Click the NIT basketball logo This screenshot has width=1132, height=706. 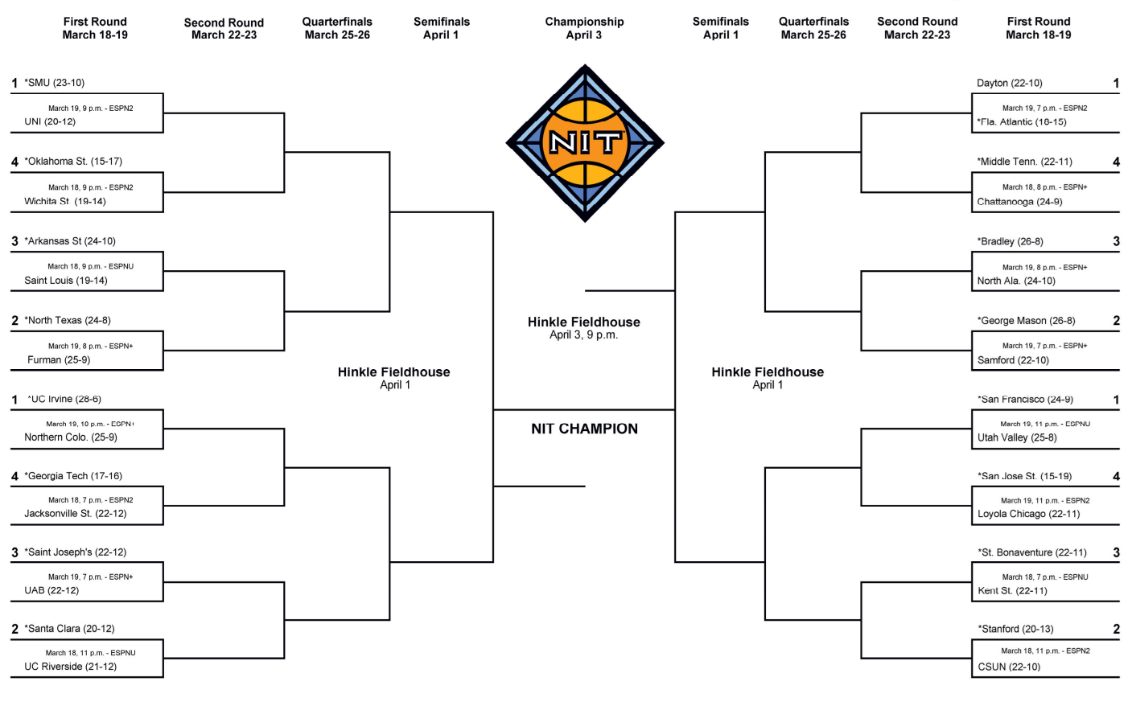coord(585,143)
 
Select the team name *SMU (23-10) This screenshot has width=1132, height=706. coord(55,83)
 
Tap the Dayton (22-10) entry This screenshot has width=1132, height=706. coord(1009,83)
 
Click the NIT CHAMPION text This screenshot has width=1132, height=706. coord(584,429)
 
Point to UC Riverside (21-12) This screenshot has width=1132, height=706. coord(70,667)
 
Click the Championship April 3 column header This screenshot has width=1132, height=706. coord(584,28)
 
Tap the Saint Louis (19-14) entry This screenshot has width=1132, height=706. coord(65,281)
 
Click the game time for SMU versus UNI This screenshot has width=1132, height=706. coord(90,108)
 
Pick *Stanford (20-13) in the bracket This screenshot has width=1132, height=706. coord(1015,629)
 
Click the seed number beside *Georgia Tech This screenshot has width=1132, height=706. coord(14,476)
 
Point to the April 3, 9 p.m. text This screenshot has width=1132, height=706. coord(583,335)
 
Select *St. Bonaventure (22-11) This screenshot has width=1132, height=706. coord(1031,552)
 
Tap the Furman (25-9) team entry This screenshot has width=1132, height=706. coord(59,359)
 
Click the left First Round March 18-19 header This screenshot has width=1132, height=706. coord(95,28)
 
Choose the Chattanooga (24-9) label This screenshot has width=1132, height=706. coord(1019,202)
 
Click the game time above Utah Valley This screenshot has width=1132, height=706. coord(1044,424)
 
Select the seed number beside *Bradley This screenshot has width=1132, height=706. coord(1116,241)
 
